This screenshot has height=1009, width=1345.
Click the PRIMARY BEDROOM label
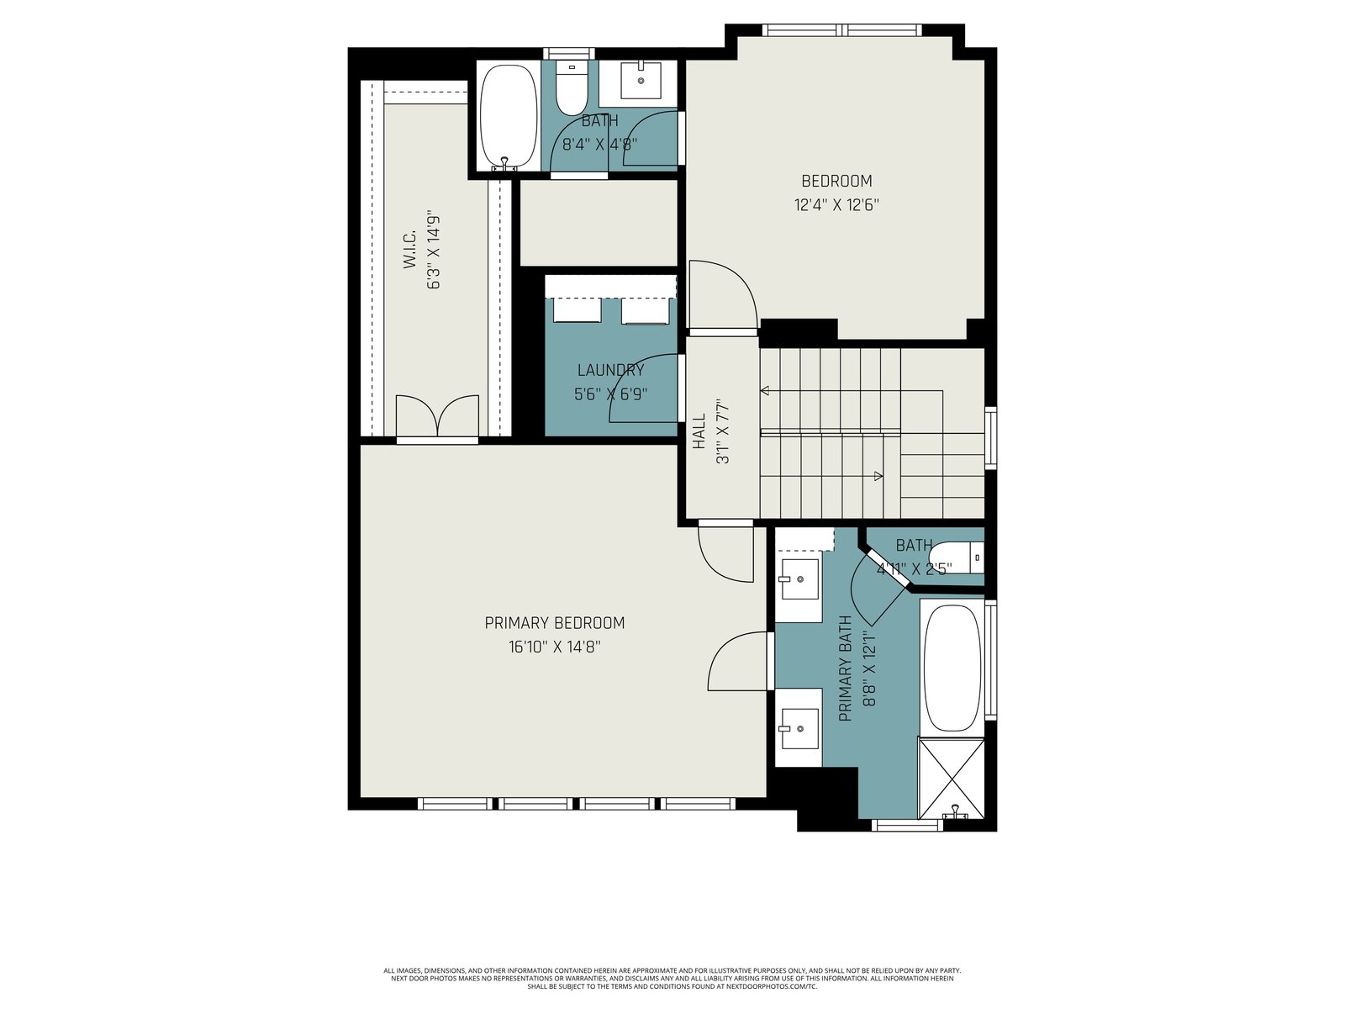click(555, 623)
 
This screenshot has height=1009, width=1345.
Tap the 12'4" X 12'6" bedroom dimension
click(836, 204)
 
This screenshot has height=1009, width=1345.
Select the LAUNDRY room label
click(611, 370)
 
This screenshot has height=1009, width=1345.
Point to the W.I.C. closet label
click(409, 250)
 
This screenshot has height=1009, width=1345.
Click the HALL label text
click(699, 431)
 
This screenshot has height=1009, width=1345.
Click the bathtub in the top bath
click(508, 116)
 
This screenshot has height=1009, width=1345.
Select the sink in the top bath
click(641, 80)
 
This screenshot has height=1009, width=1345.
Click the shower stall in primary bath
click(952, 778)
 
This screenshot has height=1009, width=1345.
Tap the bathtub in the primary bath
click(952, 667)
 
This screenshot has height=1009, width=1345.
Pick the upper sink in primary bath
click(799, 579)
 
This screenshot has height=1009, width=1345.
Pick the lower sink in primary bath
click(799, 728)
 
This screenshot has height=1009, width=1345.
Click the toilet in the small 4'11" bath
click(962, 557)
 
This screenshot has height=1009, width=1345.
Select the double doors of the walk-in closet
click(437, 416)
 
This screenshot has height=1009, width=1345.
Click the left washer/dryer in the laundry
click(578, 310)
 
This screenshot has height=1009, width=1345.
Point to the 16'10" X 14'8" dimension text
click(555, 647)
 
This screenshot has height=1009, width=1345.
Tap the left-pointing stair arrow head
click(765, 390)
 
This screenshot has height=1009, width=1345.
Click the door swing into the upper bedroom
click(724, 294)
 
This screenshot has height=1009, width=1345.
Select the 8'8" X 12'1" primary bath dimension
click(869, 668)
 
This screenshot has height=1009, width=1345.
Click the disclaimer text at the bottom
click(672, 979)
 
